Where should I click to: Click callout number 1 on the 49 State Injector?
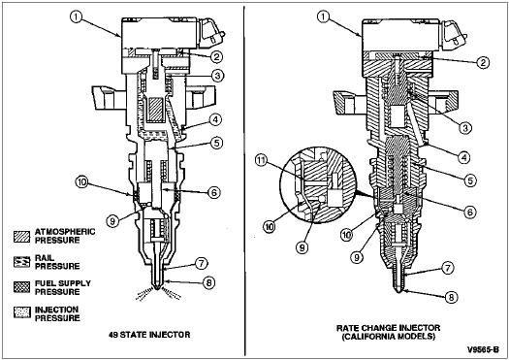click(x=76, y=17)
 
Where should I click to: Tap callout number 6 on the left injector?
click(x=214, y=193)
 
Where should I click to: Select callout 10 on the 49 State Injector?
click(x=81, y=182)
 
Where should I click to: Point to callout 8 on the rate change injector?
click(x=451, y=297)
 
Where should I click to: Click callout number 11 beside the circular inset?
click(x=262, y=161)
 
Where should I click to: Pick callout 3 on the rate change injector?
click(x=465, y=128)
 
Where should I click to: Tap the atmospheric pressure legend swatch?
click(x=21, y=237)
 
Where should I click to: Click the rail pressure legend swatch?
click(x=21, y=262)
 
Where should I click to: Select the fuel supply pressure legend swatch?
click(x=21, y=287)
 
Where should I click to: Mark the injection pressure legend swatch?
click(x=21, y=312)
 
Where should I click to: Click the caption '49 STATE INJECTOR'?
click(x=149, y=335)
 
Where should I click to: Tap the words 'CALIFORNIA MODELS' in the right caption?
click(x=389, y=337)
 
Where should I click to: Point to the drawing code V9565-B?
click(x=483, y=349)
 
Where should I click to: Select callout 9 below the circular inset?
click(x=302, y=247)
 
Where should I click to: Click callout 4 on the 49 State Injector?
click(x=215, y=119)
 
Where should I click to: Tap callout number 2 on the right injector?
click(x=483, y=62)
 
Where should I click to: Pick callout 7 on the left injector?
click(x=202, y=264)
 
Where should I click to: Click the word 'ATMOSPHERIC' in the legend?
click(x=65, y=232)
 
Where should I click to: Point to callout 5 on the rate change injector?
click(x=470, y=180)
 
